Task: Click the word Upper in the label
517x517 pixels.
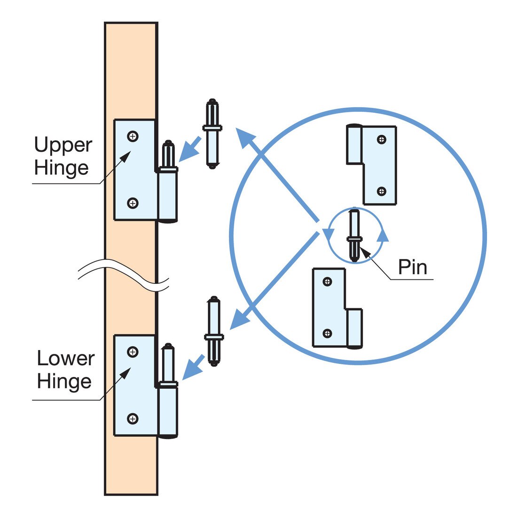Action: click(x=63, y=146)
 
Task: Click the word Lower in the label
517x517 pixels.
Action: click(x=66, y=359)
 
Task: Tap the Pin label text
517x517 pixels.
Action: click(x=413, y=267)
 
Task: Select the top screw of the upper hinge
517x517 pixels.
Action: click(x=133, y=136)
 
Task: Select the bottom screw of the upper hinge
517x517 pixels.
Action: click(x=133, y=203)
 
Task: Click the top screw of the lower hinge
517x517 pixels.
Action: click(x=133, y=352)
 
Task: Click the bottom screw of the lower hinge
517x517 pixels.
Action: click(x=133, y=418)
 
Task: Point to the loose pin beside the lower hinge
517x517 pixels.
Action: click(x=214, y=332)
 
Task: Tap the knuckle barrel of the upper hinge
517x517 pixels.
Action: click(x=168, y=196)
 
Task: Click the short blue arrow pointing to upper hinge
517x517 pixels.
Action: click(x=190, y=149)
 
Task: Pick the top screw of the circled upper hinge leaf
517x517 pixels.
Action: click(x=382, y=139)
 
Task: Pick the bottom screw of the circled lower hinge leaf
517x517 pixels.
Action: click(x=327, y=334)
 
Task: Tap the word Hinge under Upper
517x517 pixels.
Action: click(x=62, y=168)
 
